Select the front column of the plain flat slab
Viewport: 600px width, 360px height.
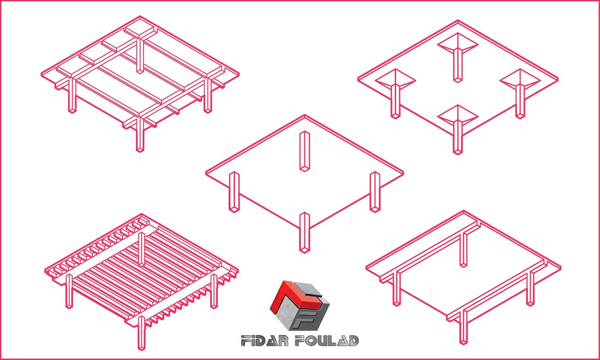coord(304,232)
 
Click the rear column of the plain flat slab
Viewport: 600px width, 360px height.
coord(304,151)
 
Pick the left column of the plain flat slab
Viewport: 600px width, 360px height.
coord(234,192)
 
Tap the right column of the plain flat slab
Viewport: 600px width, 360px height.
coord(375,192)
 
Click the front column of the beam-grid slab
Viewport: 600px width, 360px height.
coord(140,134)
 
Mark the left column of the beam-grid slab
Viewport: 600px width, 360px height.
coord(72,96)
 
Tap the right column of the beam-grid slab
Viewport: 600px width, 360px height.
coord(208,95)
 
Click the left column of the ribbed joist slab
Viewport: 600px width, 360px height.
coord(69,291)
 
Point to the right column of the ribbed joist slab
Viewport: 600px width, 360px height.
coord(214,291)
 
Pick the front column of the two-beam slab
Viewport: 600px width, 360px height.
coord(463,327)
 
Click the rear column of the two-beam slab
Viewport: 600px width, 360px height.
coord(463,250)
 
